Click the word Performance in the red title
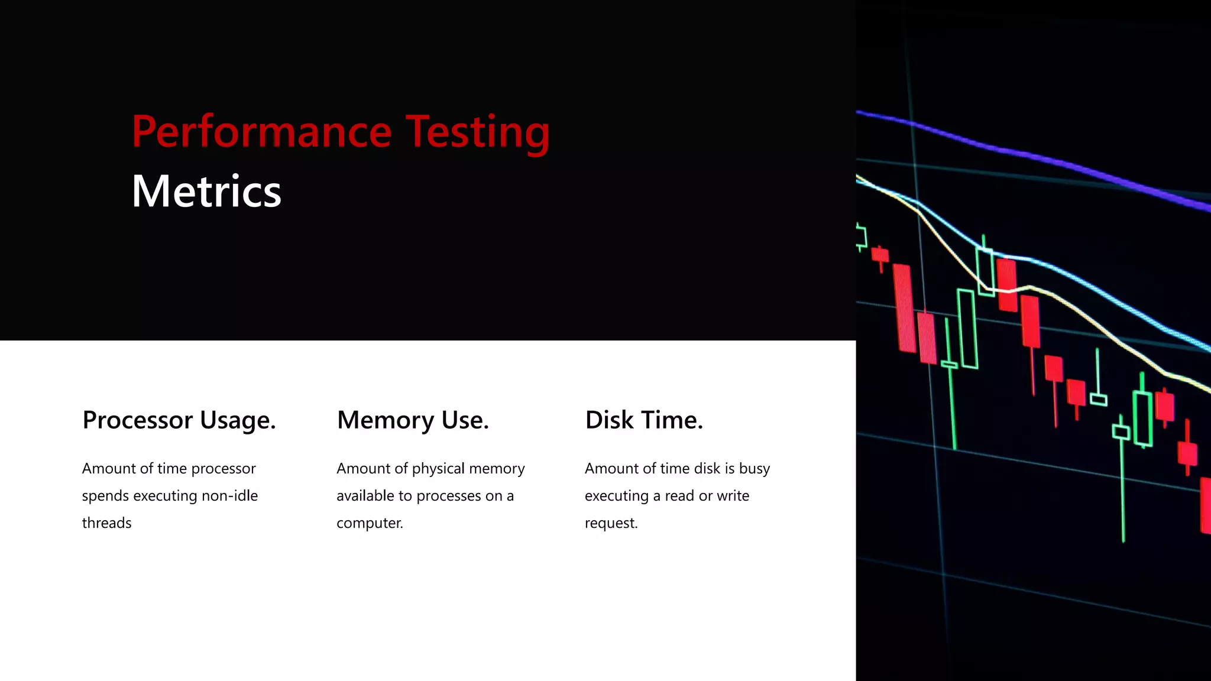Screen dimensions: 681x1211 (x=261, y=131)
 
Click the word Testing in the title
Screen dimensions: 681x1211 (x=477, y=131)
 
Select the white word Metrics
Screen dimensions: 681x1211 (x=206, y=192)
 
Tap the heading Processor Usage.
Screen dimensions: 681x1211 (x=179, y=420)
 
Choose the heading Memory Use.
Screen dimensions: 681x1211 (x=413, y=420)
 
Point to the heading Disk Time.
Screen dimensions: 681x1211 (x=644, y=420)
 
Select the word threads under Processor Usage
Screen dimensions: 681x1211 (x=106, y=523)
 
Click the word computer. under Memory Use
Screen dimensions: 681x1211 (x=370, y=523)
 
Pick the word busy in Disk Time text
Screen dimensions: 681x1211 (x=755, y=469)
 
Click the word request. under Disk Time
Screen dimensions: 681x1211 (x=611, y=523)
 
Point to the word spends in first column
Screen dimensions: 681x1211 (x=105, y=496)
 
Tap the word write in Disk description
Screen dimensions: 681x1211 (x=733, y=495)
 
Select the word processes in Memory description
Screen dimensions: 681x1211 (x=449, y=496)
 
